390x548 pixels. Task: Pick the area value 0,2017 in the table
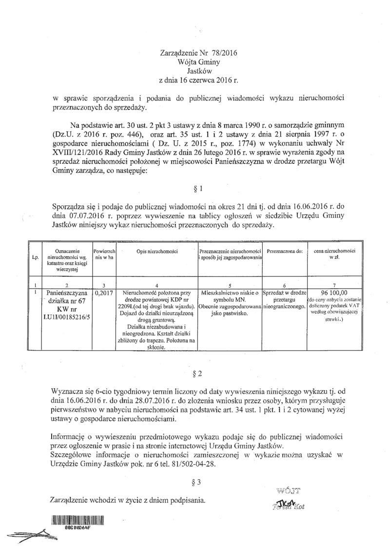click(103, 293)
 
